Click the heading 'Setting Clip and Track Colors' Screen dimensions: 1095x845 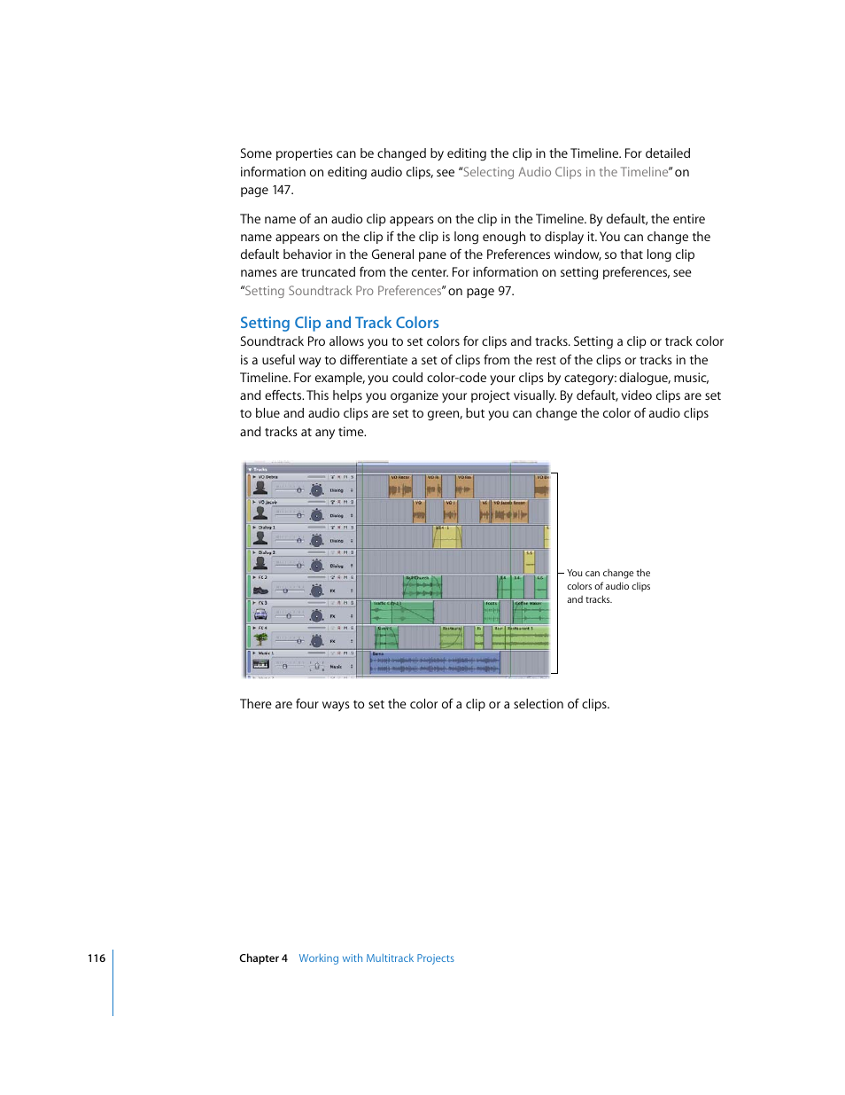[339, 323]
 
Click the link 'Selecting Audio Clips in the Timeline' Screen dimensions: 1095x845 [565, 172]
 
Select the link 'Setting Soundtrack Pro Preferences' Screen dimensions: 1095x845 [343, 291]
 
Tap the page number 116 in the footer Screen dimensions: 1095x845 [97, 958]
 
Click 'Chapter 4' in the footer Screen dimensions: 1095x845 [263, 958]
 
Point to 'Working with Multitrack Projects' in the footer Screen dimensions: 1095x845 [376, 958]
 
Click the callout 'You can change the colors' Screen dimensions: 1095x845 [609, 586]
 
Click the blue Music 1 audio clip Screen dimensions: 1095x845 [435, 662]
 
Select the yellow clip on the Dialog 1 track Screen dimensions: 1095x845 [446, 536]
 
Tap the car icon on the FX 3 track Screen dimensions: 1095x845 [260, 614]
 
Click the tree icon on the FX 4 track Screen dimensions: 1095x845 [260, 638]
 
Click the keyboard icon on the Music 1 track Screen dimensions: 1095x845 [260, 664]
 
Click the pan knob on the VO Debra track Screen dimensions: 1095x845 [316, 489]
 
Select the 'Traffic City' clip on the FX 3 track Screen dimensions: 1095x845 [402, 613]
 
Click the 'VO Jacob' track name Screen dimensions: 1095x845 [267, 502]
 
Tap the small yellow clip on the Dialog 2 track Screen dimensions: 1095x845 [529, 561]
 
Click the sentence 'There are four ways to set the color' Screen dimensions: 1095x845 [424, 704]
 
